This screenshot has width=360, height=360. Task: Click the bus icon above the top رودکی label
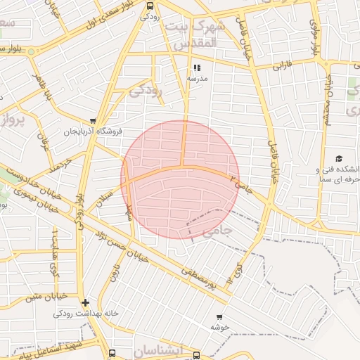149,6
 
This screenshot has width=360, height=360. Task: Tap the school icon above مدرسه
197,68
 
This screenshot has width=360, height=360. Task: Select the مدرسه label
197,79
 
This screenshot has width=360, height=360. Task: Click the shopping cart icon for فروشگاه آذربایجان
94,121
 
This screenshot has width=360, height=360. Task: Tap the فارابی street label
281,67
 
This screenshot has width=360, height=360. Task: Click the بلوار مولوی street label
314,39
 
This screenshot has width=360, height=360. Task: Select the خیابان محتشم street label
327,99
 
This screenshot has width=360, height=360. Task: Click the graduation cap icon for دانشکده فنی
339,159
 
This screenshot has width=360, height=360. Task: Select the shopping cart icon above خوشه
219,317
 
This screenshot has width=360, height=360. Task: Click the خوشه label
219,328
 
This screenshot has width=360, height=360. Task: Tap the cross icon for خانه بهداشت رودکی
85,303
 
